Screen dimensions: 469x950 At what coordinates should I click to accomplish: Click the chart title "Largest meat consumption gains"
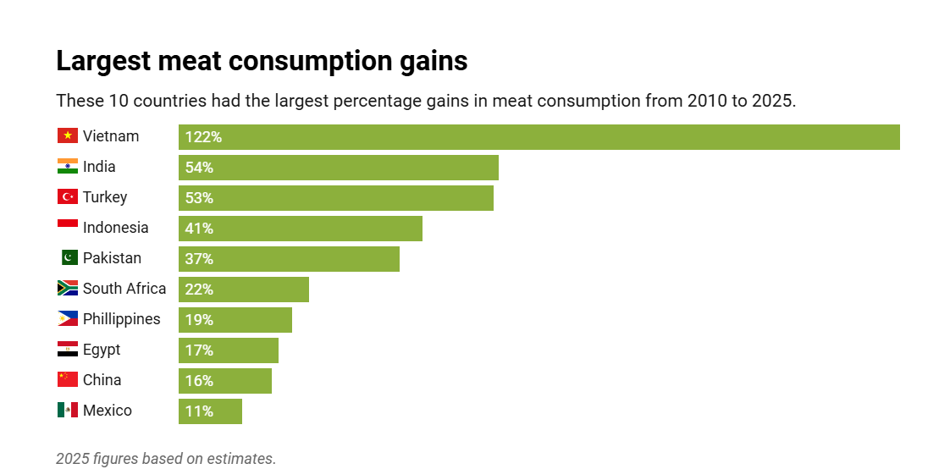point(262,62)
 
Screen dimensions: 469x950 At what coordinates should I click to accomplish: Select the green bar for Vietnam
point(539,137)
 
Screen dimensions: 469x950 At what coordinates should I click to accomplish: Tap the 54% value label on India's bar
point(199,168)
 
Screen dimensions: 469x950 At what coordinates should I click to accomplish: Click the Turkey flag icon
point(68,197)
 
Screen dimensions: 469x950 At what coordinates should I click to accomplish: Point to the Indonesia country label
point(115,228)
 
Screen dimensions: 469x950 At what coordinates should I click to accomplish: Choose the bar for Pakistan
point(289,259)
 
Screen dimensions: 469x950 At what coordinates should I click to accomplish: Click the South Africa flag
point(68,289)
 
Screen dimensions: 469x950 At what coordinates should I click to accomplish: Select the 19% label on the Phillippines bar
point(199,320)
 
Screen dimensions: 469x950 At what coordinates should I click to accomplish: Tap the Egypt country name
point(102,350)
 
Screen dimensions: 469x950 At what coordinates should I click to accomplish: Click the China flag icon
point(68,380)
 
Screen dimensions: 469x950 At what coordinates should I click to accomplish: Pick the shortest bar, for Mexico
point(210,411)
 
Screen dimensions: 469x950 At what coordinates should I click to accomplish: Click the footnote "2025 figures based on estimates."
point(166,458)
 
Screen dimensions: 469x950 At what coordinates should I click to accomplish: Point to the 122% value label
point(203,137)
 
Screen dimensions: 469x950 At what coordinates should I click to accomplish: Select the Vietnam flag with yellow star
point(68,136)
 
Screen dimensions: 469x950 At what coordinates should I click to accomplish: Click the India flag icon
point(68,167)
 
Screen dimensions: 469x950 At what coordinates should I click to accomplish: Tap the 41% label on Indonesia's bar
point(199,229)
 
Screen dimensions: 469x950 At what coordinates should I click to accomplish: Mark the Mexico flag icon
point(68,411)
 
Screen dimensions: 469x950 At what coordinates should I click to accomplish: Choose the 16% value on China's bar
point(199,381)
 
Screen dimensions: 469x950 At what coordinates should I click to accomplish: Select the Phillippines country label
point(121,319)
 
